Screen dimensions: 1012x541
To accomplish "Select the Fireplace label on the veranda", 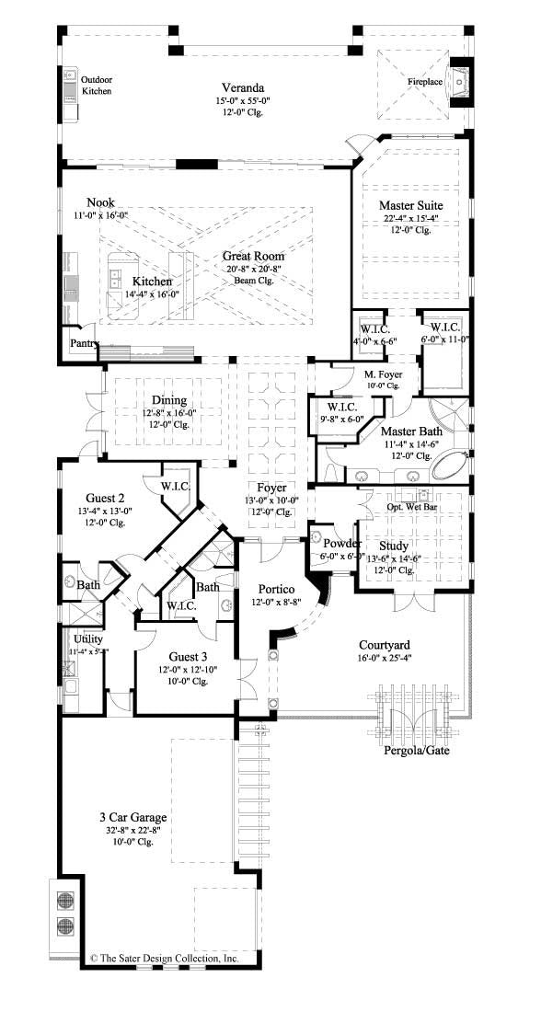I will click(x=426, y=82).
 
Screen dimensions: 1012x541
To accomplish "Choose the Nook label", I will click(x=101, y=201).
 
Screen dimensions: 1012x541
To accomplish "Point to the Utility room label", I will click(x=89, y=638).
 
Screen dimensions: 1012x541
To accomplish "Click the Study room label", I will click(x=394, y=546).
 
